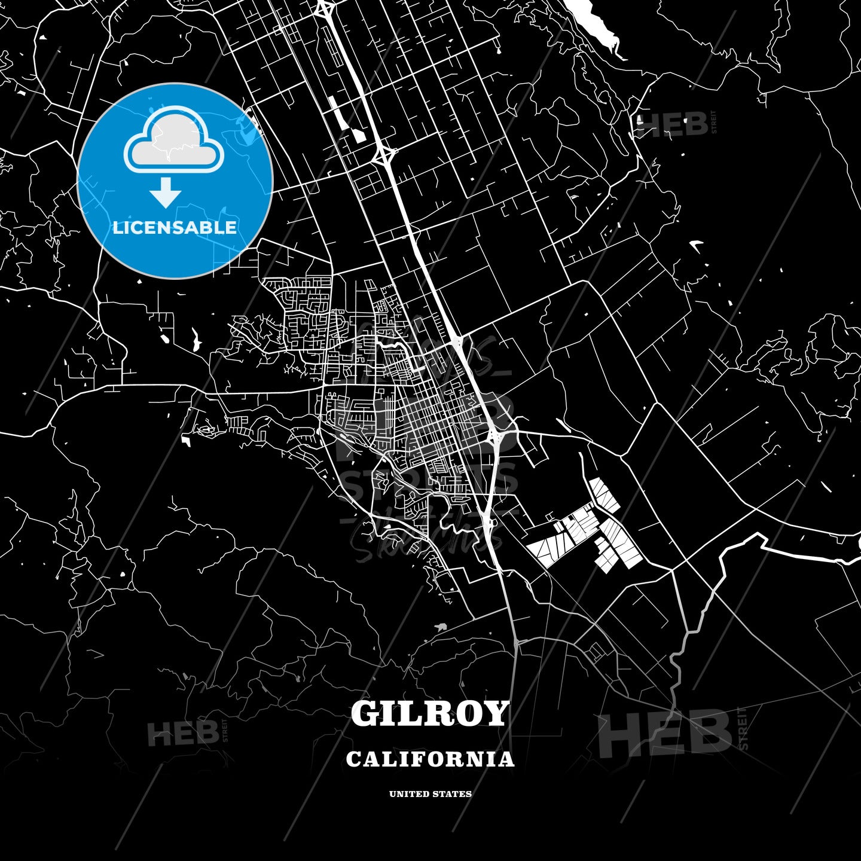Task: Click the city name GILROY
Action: point(430,713)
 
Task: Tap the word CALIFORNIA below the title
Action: point(430,759)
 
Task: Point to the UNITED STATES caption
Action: point(430,794)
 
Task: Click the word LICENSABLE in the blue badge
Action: point(175,227)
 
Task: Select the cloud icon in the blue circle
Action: point(173,141)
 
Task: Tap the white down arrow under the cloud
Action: point(166,193)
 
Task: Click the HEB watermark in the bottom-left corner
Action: point(183,733)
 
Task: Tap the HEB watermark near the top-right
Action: point(673,124)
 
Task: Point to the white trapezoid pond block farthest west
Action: point(541,550)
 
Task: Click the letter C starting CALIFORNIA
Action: point(353,759)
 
